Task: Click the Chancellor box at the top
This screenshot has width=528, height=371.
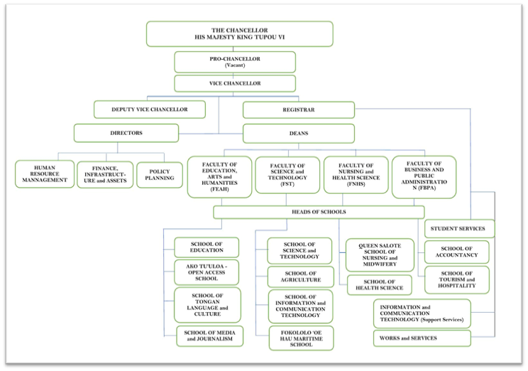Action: [x=239, y=33]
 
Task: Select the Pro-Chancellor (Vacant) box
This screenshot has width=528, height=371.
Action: [x=235, y=62]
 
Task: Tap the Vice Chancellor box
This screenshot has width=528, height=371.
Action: [x=235, y=84]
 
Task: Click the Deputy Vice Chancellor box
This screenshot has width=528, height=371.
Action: [x=150, y=109]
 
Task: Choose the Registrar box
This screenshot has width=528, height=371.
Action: [x=298, y=109]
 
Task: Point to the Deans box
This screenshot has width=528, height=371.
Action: [x=298, y=133]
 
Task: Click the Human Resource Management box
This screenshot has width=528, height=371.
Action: [x=45, y=174]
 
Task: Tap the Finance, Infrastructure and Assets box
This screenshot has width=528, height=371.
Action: [x=104, y=174]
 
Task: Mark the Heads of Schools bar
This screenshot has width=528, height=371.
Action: [x=319, y=212]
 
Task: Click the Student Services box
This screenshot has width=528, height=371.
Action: [x=458, y=229]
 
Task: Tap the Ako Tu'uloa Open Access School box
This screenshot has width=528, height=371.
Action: [x=207, y=272]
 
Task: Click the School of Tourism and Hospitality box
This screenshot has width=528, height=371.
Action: [x=456, y=280]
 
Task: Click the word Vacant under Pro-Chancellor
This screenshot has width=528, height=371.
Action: [x=235, y=65]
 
